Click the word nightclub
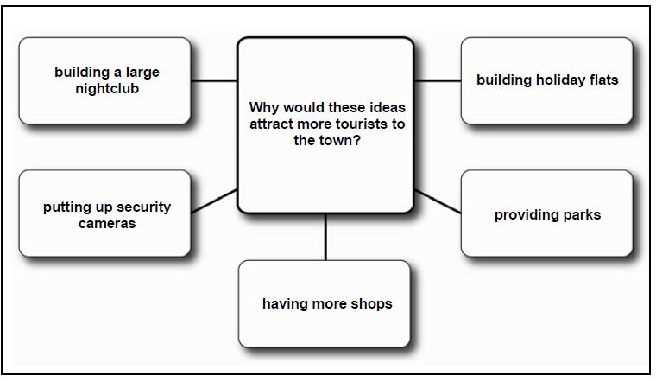107,89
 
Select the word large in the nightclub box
142,73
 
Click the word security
143,207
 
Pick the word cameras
107,224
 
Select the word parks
582,215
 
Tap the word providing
527,215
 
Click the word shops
371,303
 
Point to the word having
283,304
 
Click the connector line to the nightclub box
214,80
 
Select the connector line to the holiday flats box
438,80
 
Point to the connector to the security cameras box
214,201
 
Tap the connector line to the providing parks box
438,201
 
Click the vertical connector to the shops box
325,237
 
